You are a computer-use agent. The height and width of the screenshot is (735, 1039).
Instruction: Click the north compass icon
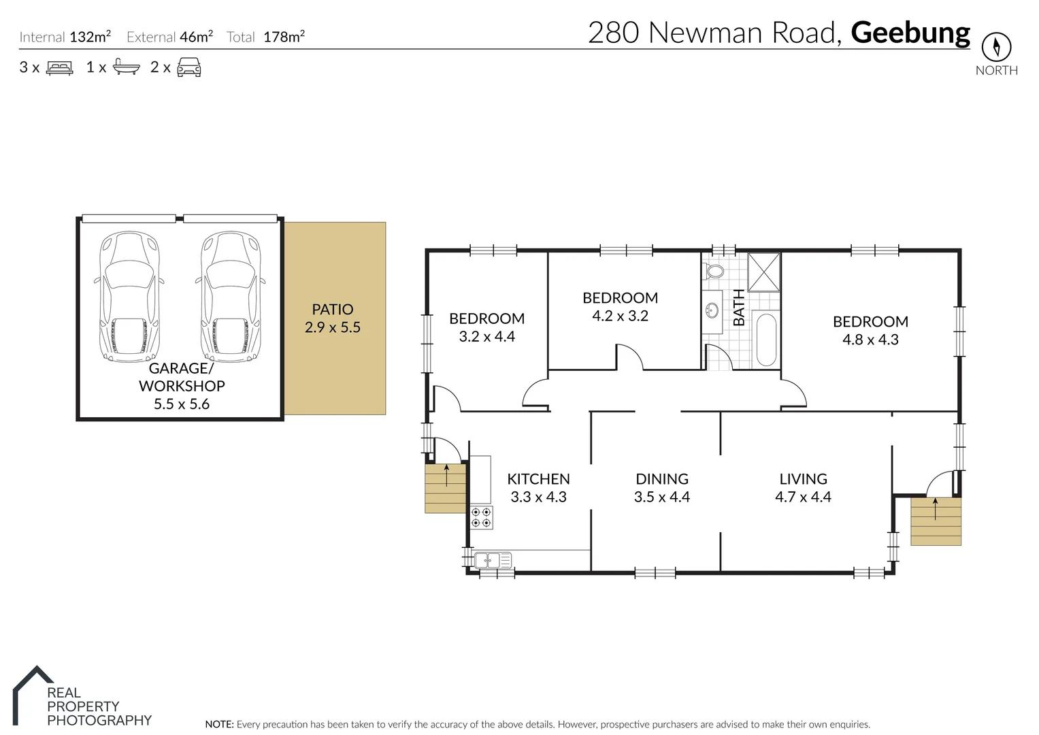tap(996, 47)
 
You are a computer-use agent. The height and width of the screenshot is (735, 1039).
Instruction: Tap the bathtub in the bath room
tap(767, 339)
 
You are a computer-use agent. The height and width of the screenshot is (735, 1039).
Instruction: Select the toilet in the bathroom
tap(714, 271)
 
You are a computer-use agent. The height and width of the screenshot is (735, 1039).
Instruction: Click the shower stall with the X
tap(763, 272)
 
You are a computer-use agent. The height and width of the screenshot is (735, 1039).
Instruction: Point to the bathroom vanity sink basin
tap(712, 312)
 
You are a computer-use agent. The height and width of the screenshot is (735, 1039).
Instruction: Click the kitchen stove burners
tap(481, 517)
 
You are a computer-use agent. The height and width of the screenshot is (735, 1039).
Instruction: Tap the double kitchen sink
tap(493, 561)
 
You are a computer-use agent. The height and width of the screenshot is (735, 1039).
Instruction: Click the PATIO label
tap(332, 309)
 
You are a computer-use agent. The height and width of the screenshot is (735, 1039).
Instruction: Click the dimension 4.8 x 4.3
tap(870, 340)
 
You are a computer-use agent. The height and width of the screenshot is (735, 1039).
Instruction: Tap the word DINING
tap(661, 479)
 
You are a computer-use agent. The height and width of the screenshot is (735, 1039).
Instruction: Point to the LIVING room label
tap(803, 479)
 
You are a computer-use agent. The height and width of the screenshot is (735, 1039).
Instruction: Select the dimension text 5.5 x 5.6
tap(182, 404)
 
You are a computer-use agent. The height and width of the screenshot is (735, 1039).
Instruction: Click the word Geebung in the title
tap(910, 33)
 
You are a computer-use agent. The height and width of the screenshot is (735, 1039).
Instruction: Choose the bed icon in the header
tap(60, 67)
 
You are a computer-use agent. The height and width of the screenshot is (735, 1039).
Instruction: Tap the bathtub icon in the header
tap(127, 67)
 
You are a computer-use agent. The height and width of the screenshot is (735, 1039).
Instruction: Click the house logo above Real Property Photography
tap(32, 694)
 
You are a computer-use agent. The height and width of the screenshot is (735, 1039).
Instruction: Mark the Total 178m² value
tap(284, 37)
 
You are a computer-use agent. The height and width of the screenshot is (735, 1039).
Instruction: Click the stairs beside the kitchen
tap(446, 488)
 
